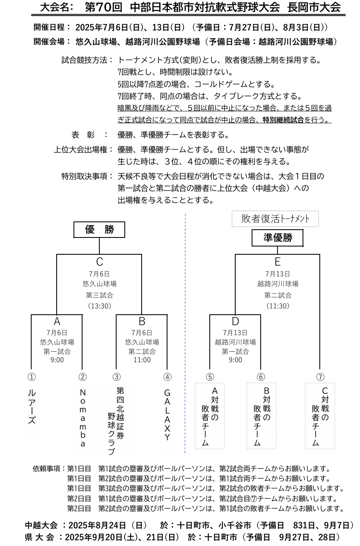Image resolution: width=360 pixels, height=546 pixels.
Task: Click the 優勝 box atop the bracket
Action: (99, 229)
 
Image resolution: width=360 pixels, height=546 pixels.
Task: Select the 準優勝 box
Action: (277, 237)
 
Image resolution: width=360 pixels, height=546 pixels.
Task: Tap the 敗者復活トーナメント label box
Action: (275, 219)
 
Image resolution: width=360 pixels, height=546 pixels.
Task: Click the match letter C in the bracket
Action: (99, 262)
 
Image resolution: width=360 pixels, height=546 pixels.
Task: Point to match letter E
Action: (277, 262)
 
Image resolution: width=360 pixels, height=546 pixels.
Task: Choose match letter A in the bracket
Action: (57, 322)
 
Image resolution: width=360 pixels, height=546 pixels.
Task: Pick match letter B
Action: (142, 322)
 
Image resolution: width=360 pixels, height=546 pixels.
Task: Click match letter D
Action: (235, 322)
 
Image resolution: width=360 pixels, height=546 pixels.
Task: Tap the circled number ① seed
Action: (32, 377)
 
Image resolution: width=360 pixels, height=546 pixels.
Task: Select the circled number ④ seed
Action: (167, 377)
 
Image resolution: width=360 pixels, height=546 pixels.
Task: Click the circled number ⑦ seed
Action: (320, 377)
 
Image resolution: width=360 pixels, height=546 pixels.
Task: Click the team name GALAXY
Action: (167, 415)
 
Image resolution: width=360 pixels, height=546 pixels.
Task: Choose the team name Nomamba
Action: (83, 418)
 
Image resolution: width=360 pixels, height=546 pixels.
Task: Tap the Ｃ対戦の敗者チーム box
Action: (320, 416)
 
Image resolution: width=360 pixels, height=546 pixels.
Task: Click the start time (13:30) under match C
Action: (99, 306)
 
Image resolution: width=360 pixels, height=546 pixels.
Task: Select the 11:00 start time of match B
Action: (142, 360)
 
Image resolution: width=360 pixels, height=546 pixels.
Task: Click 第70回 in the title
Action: (103, 7)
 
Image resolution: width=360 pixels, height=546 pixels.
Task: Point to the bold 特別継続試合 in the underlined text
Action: (283, 120)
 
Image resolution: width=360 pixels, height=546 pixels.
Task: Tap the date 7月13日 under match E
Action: (277, 274)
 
